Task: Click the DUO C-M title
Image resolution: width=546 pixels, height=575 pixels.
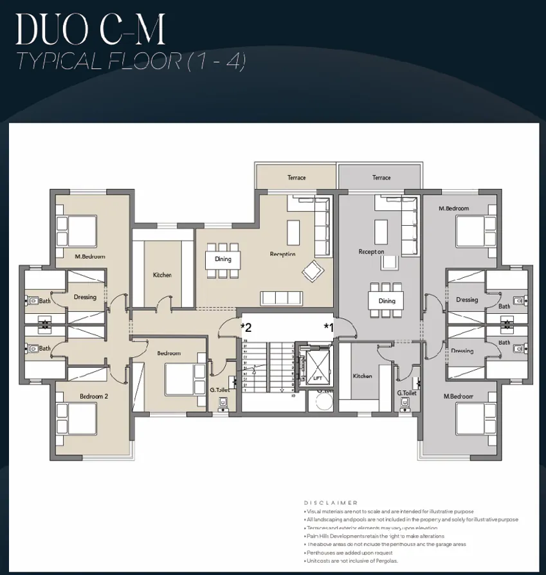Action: pos(90,29)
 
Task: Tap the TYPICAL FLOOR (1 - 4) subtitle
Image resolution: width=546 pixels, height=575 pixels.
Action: pos(131,61)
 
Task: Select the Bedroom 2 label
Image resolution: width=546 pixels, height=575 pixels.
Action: pos(94,397)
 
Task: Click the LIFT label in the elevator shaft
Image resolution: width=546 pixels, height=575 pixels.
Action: pos(318,379)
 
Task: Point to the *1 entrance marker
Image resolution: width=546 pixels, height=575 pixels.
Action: pos(329,327)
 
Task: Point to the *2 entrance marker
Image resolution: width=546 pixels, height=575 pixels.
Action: pos(246,327)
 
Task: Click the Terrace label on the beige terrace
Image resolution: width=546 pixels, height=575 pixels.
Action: pos(296,178)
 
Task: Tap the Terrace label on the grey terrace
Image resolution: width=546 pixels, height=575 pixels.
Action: pos(381,178)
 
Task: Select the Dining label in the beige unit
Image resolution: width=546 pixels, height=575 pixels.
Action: pos(223,259)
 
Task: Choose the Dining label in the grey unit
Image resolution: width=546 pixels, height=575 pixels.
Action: pos(387,301)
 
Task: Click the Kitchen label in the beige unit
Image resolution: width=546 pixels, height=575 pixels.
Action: pos(162,275)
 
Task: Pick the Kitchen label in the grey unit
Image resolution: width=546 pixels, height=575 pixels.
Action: pos(363,376)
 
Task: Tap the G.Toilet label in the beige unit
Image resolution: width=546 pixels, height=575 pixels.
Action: pos(220,390)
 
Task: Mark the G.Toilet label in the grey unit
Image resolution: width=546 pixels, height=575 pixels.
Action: pos(407,393)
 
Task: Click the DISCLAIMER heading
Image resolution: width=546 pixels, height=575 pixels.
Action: pos(331,503)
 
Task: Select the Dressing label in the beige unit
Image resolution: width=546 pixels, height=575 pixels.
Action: pos(85,297)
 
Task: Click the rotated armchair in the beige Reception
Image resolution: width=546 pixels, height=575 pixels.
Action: pos(313,271)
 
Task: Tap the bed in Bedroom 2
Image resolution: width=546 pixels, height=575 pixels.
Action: pos(76,418)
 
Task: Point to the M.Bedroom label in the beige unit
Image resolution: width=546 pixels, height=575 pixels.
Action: pos(90,257)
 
